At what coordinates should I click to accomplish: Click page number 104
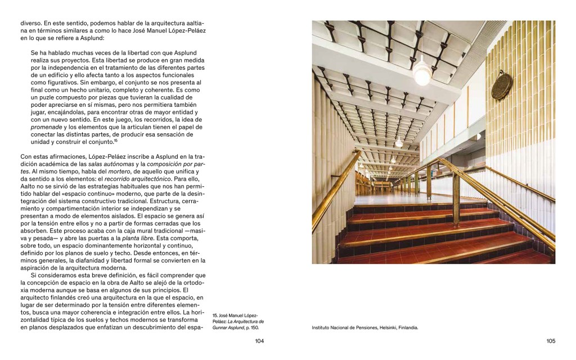pyautogui.click(x=259, y=341)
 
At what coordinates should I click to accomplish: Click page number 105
pyautogui.click(x=551, y=341)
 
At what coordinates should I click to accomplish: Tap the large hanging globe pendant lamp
pyautogui.click(x=421, y=73)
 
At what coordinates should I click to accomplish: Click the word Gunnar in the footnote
pyautogui.click(x=220, y=327)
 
